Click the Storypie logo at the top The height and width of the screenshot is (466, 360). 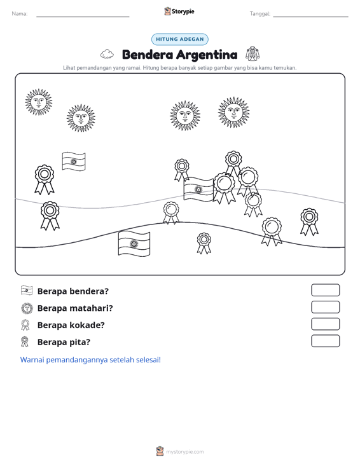click(x=179, y=11)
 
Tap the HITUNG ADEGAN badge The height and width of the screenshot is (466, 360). click(x=179, y=39)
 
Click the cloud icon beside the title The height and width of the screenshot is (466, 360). click(x=107, y=55)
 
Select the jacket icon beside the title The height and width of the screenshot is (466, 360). click(x=253, y=54)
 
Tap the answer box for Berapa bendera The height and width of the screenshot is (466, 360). click(x=325, y=290)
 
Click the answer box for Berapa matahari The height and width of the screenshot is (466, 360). click(x=325, y=307)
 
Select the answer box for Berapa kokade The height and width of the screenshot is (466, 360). click(x=325, y=324)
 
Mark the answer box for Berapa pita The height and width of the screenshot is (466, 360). click(x=325, y=341)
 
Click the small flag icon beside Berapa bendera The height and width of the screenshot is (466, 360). click(x=27, y=291)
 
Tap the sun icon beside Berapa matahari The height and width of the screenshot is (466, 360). click(x=27, y=308)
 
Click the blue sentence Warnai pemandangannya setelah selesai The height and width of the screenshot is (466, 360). click(x=90, y=360)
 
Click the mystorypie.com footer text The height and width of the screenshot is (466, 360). click(x=184, y=452)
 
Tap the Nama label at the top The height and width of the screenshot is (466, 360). click(x=20, y=14)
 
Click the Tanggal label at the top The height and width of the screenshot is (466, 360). click(x=260, y=14)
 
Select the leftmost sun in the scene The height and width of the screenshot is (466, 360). click(x=39, y=102)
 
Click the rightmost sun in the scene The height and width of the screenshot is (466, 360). click(x=233, y=112)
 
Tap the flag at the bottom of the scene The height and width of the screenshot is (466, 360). click(x=134, y=243)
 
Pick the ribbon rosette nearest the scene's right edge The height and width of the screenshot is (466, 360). click(x=309, y=222)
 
